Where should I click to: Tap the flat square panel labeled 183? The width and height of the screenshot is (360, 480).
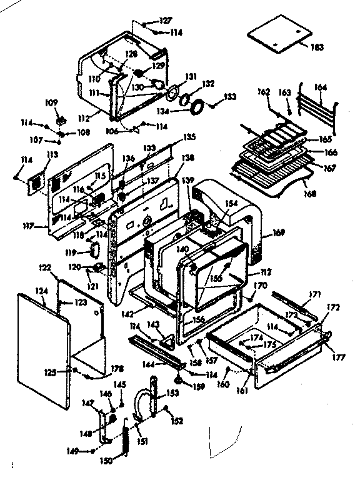(279, 36)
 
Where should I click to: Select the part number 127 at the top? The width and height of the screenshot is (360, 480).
(165, 21)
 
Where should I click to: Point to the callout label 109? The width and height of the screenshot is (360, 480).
(51, 102)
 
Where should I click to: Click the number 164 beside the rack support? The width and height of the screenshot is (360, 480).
(321, 88)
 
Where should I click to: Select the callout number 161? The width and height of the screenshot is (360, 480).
(243, 391)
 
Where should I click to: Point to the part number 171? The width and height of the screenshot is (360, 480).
(316, 294)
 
